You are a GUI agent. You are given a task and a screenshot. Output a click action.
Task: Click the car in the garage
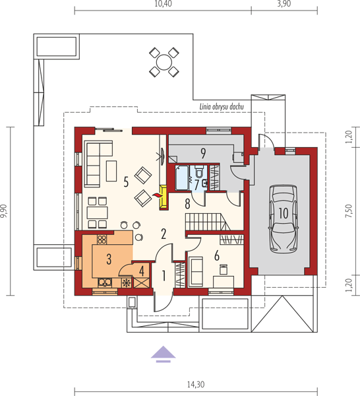(x=283, y=218)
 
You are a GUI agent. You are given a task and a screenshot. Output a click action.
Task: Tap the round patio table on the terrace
(x=164, y=62)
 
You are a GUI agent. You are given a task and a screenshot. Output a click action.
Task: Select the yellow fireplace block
(x=164, y=197)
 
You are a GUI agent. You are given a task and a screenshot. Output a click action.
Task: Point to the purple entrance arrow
(x=164, y=354)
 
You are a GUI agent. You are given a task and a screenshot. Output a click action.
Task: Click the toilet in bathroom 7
(x=199, y=171)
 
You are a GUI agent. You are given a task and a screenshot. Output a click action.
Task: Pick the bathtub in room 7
(x=182, y=178)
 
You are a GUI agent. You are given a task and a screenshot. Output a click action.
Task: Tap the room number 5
(x=126, y=181)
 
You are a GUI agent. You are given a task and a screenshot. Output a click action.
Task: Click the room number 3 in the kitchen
(x=109, y=259)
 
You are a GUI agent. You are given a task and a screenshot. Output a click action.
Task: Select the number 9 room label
(x=203, y=153)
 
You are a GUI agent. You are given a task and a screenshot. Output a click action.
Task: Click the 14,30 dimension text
(x=196, y=384)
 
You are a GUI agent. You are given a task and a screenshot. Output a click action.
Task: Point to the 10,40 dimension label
(x=164, y=3)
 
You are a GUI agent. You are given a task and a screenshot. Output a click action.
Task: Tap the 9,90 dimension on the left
(x=5, y=211)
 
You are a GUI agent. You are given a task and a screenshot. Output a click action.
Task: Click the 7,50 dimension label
(x=349, y=211)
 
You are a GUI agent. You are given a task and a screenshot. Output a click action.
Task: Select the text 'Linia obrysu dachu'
(x=222, y=106)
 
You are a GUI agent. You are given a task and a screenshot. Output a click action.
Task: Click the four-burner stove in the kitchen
(x=102, y=240)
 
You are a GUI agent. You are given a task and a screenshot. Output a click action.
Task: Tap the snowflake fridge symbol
(x=126, y=283)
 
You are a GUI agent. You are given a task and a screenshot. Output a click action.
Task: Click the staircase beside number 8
(x=208, y=222)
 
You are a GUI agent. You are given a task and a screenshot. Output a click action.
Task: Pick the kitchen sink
(x=105, y=282)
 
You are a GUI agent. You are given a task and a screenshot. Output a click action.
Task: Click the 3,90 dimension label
(x=284, y=3)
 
